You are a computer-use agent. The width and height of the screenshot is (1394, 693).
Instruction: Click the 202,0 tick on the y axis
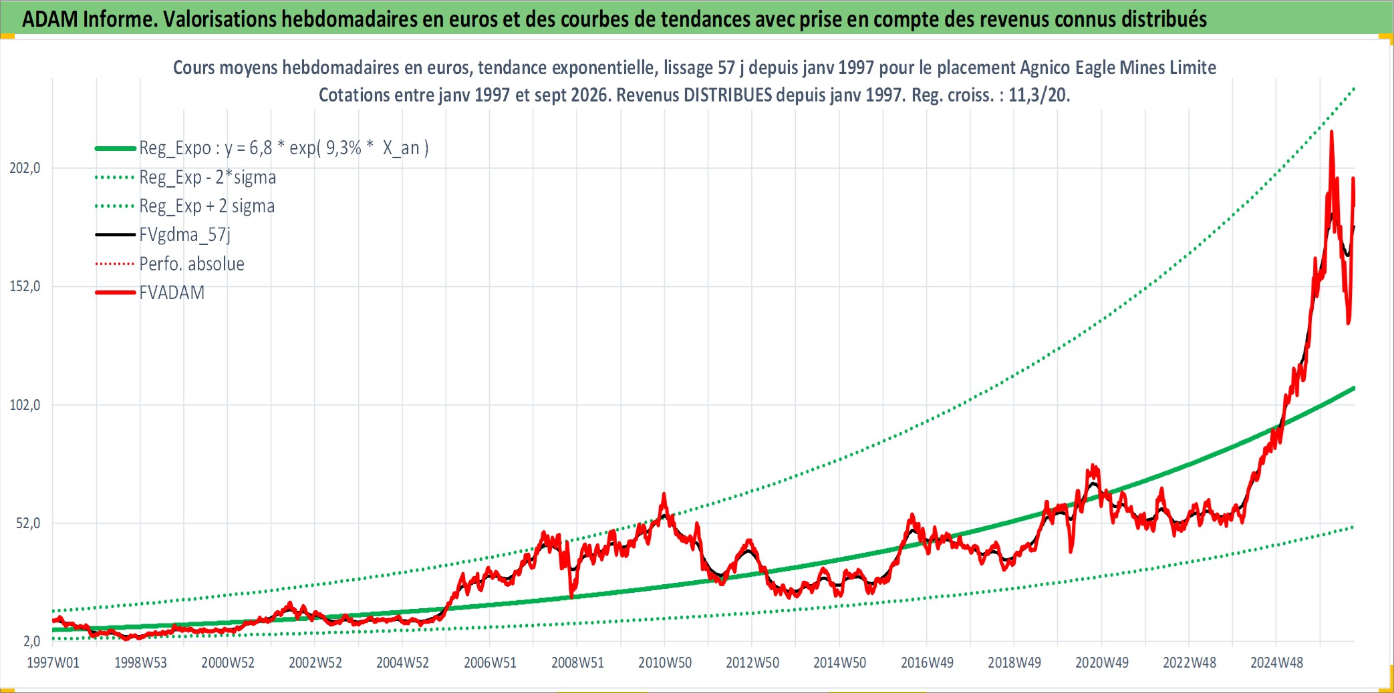click(25, 168)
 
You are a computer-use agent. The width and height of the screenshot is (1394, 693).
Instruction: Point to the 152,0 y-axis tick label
click(25, 286)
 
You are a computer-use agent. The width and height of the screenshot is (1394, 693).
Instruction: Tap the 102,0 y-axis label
click(25, 405)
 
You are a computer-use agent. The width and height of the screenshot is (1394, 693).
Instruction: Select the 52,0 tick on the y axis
click(28, 523)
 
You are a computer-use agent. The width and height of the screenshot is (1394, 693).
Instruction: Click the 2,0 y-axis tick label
click(32, 642)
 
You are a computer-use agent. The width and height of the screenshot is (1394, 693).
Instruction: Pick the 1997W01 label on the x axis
click(53, 663)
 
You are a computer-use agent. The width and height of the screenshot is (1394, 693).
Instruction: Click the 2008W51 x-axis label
click(577, 663)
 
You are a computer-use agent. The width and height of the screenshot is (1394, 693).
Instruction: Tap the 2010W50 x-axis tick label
click(665, 663)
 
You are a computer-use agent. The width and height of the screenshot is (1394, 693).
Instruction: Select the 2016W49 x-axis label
click(927, 663)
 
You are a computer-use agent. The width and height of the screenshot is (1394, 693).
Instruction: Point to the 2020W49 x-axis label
click(1102, 663)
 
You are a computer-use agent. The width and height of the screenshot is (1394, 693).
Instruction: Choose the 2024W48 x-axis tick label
click(1276, 663)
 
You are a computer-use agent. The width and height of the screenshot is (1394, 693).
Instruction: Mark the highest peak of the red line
click(1331, 132)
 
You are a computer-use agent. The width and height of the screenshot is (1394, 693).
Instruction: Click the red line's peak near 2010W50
click(664, 494)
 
